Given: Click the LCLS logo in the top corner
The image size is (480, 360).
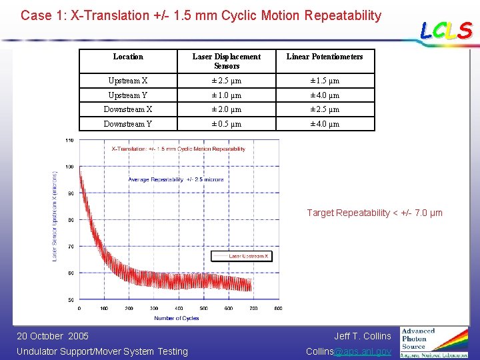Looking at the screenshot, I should (446, 31).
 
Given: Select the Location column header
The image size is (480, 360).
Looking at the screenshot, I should (128, 57).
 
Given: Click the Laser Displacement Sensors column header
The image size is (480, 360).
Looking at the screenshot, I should (227, 61).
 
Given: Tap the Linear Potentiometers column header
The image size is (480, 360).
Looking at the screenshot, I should (325, 57).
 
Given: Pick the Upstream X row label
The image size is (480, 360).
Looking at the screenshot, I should (128, 81).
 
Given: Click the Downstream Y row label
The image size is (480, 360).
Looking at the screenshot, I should (128, 123).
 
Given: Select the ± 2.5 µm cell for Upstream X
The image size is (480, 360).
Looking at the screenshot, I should (227, 81).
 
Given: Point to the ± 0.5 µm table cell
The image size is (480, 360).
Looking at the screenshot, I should (227, 123).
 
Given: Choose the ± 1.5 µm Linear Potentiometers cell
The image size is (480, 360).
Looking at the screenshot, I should (325, 81).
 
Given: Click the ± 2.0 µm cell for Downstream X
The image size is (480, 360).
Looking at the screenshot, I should (227, 109).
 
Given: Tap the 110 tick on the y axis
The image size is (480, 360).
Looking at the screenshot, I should (69, 140).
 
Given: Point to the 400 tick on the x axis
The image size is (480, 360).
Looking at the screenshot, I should (179, 308).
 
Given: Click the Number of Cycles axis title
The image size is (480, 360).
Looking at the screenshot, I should (177, 318).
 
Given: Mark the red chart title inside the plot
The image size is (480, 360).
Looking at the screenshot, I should (178, 149).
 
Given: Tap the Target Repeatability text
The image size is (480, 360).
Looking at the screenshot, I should (374, 213).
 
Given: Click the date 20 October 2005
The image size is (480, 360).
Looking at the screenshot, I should (53, 336).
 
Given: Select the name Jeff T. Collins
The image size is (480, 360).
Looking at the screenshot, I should (363, 336).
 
